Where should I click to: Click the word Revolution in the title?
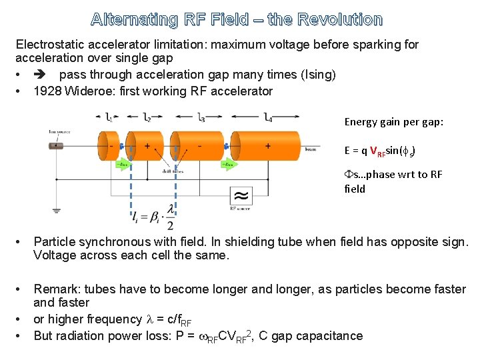pyautogui.click(x=341, y=20)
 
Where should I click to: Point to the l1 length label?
pyautogui.click(x=109, y=118)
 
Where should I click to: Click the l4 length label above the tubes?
pyautogui.click(x=267, y=118)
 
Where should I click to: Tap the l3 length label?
pyautogui.click(x=201, y=118)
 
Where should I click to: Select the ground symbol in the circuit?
pyautogui.click(x=57, y=210)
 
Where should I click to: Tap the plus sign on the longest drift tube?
pyautogui.click(x=268, y=146)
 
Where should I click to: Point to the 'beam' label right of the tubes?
pyautogui.click(x=310, y=149)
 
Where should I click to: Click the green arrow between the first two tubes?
pyautogui.click(x=124, y=163)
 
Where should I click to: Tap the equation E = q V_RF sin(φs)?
pyautogui.click(x=381, y=151)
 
